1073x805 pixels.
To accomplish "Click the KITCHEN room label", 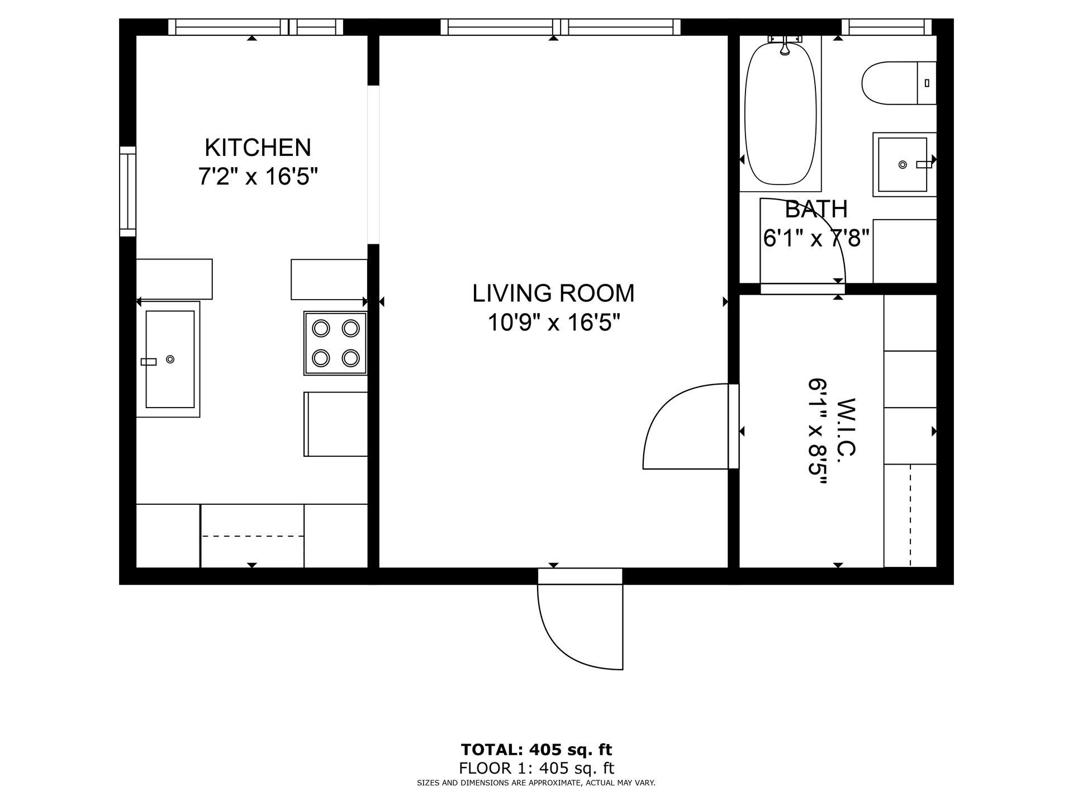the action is tap(258, 148).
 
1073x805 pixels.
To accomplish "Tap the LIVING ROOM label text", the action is tap(553, 293).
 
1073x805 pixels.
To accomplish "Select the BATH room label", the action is tap(816, 210).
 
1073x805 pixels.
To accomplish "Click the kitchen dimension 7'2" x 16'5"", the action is tap(258, 177).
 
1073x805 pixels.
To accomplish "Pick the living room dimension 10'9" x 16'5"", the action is tap(553, 323).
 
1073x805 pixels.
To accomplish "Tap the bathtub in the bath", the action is tap(781, 113).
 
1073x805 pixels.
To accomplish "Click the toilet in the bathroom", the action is tap(899, 83).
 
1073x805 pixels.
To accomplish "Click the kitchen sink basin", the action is tap(170, 359).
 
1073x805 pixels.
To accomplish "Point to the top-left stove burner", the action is tap(321, 328).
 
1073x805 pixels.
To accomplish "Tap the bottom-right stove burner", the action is tap(350, 357).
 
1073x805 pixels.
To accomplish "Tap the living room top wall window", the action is tap(561, 27).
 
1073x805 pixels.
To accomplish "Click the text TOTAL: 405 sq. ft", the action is tap(536, 750).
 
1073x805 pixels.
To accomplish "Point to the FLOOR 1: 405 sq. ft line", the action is tap(536, 769).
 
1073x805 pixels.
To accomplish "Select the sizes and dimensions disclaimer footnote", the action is tap(536, 783).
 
